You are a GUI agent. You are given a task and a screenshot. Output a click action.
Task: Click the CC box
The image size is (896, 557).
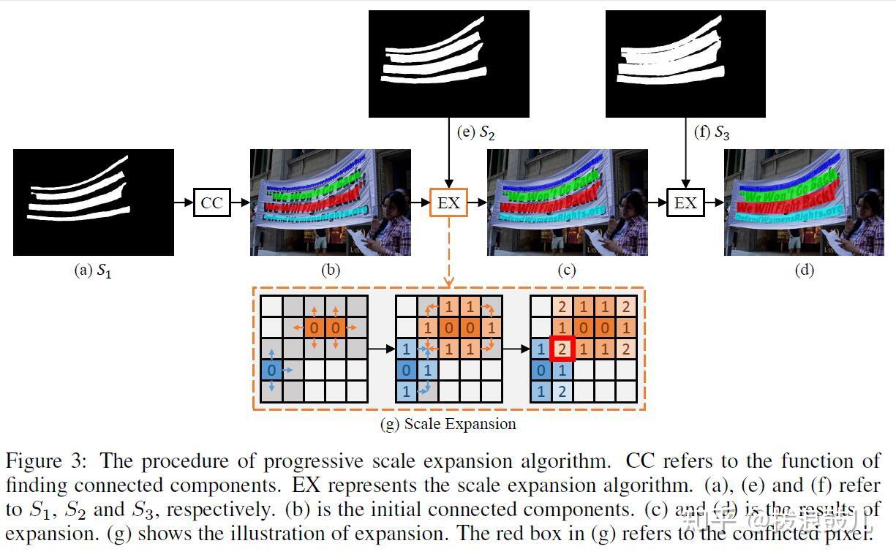tap(211, 202)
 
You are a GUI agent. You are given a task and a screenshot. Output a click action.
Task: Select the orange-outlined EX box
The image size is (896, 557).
tap(448, 202)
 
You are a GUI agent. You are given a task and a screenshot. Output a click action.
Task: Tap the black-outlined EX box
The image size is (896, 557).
tap(685, 202)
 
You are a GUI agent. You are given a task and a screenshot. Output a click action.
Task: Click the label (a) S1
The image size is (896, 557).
tap(93, 270)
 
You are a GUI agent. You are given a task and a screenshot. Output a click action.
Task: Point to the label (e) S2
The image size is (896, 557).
tap(476, 132)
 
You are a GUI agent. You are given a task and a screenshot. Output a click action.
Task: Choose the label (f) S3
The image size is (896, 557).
tap(712, 132)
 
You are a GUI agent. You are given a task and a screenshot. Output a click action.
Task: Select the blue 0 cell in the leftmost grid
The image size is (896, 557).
tap(271, 370)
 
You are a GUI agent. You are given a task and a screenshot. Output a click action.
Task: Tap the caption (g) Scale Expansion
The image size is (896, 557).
tap(448, 424)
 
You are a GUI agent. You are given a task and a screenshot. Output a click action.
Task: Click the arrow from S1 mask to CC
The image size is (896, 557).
tap(184, 202)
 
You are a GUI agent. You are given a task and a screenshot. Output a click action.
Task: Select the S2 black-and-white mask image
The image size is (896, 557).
tap(448, 64)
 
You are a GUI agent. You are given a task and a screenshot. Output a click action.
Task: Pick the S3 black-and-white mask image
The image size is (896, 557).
tap(685, 64)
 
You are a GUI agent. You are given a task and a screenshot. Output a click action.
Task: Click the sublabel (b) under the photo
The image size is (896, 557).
tap(331, 270)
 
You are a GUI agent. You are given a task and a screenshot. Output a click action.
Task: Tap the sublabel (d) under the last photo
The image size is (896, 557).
tap(804, 270)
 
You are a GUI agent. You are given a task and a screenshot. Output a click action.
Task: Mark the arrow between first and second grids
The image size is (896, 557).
tap(380, 349)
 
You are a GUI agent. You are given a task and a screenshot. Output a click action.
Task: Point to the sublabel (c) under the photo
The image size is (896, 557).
tap(567, 270)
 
